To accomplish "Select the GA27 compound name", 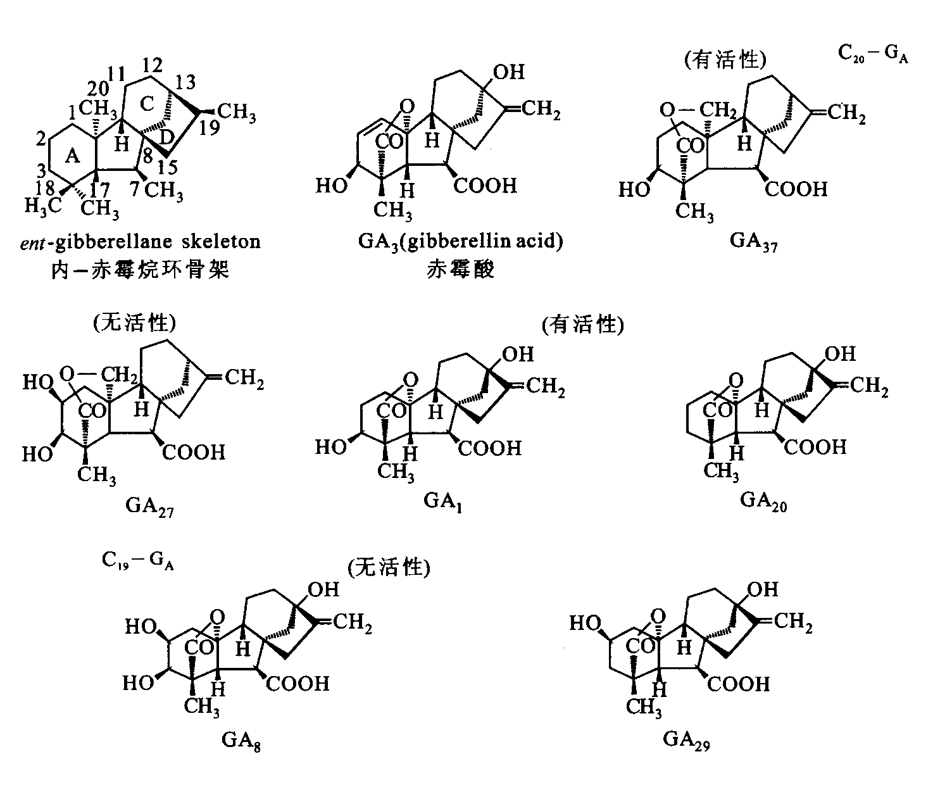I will click(x=149, y=506).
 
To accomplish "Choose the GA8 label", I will click(x=241, y=739).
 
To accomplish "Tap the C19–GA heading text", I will click(x=137, y=561).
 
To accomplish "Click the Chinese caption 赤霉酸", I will click(x=460, y=270).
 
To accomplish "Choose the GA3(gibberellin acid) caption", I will click(x=460, y=242).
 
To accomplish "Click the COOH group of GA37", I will click(x=796, y=189).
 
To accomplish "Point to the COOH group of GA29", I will click(x=739, y=684).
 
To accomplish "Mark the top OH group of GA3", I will click(x=509, y=72).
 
